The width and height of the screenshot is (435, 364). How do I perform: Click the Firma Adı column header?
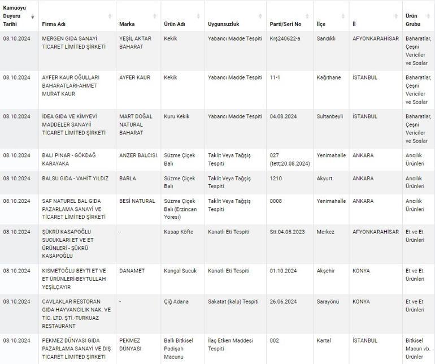[x=54, y=24]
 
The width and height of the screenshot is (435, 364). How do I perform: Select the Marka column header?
[x=127, y=24]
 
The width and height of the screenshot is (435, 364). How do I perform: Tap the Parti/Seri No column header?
[x=285, y=24]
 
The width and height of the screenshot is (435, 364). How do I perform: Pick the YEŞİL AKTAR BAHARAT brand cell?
[x=136, y=42]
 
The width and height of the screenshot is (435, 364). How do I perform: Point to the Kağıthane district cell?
[x=328, y=77]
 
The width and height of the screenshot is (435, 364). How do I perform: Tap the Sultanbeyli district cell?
[x=330, y=116]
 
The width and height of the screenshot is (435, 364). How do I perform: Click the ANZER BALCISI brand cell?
[x=136, y=155]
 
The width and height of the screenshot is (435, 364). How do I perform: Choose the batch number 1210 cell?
[x=276, y=179]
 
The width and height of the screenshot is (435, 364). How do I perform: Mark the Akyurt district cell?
[x=325, y=179]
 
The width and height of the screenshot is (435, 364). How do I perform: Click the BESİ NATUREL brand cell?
[x=137, y=201]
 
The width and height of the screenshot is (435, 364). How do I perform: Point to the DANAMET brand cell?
[x=132, y=271]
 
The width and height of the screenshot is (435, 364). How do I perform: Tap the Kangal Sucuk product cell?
[x=180, y=271]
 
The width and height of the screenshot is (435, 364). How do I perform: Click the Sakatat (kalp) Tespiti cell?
[x=233, y=302]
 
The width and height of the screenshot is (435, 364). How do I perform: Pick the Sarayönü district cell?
[x=328, y=302]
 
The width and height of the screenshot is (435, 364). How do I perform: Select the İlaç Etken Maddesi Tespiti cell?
[x=230, y=345]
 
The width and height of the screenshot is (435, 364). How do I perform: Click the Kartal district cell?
[x=324, y=341]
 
